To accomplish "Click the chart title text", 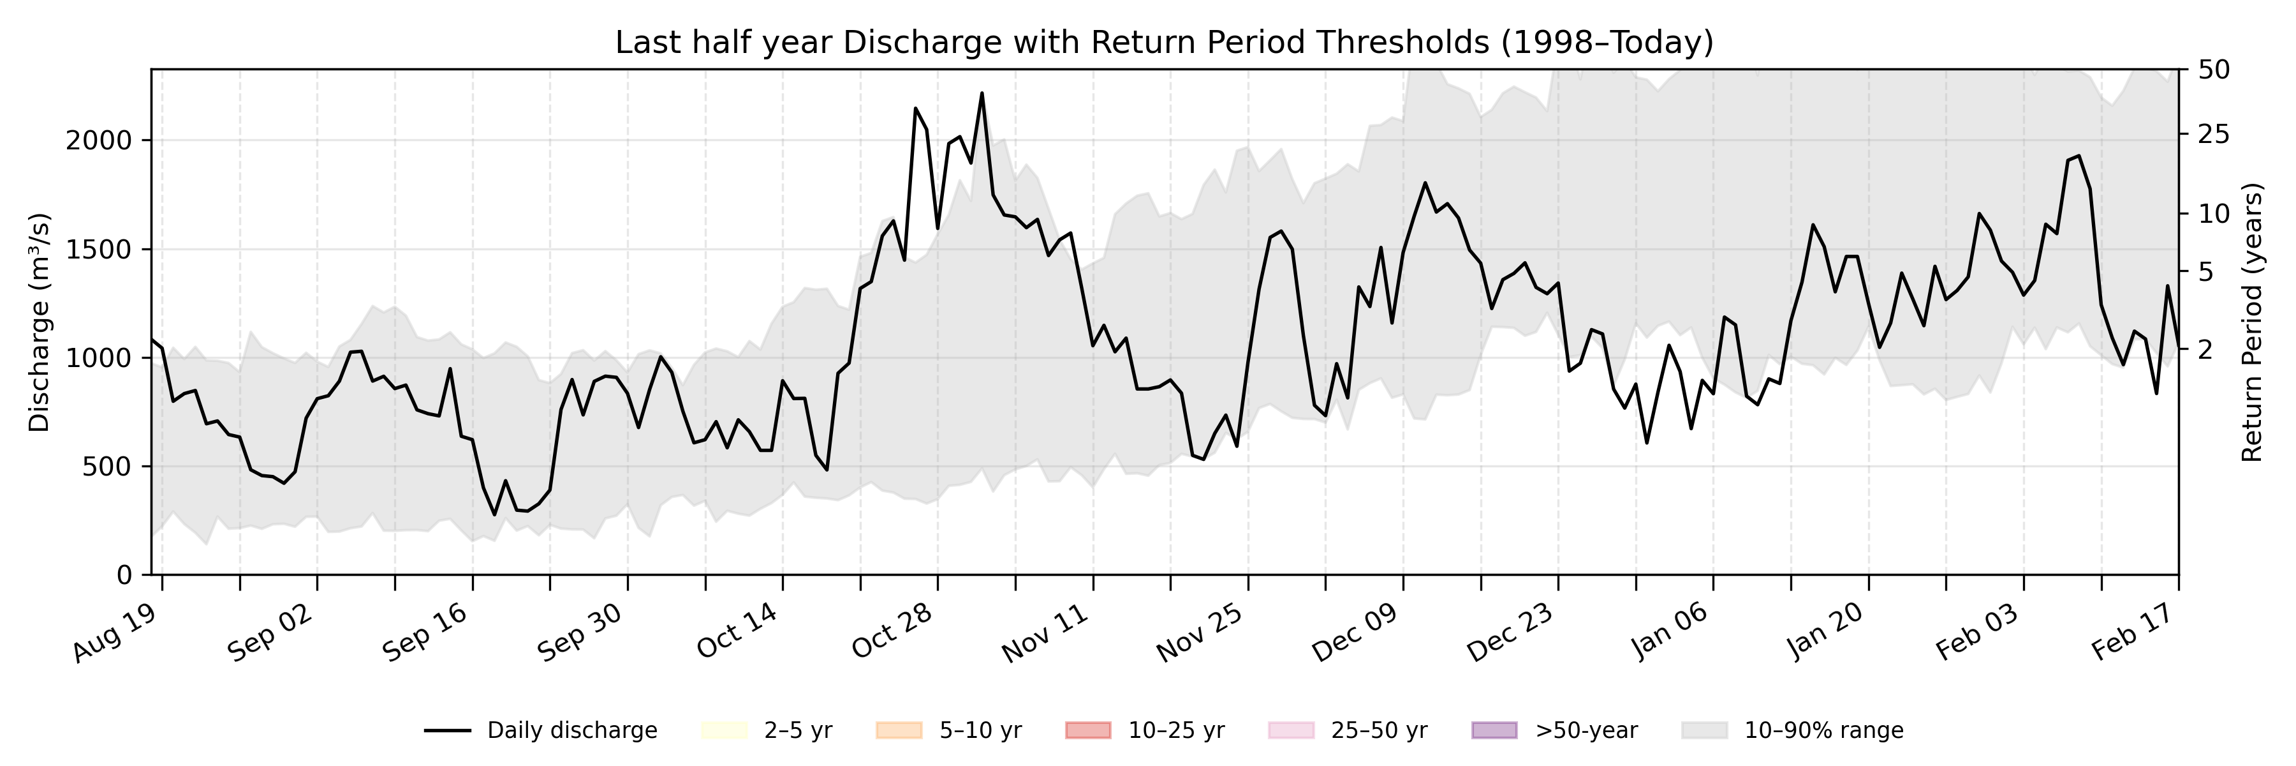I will click(1164, 43).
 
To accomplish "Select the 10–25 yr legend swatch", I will click(1087, 730).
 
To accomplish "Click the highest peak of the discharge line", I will click(982, 93).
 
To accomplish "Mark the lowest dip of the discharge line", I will click(495, 514).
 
